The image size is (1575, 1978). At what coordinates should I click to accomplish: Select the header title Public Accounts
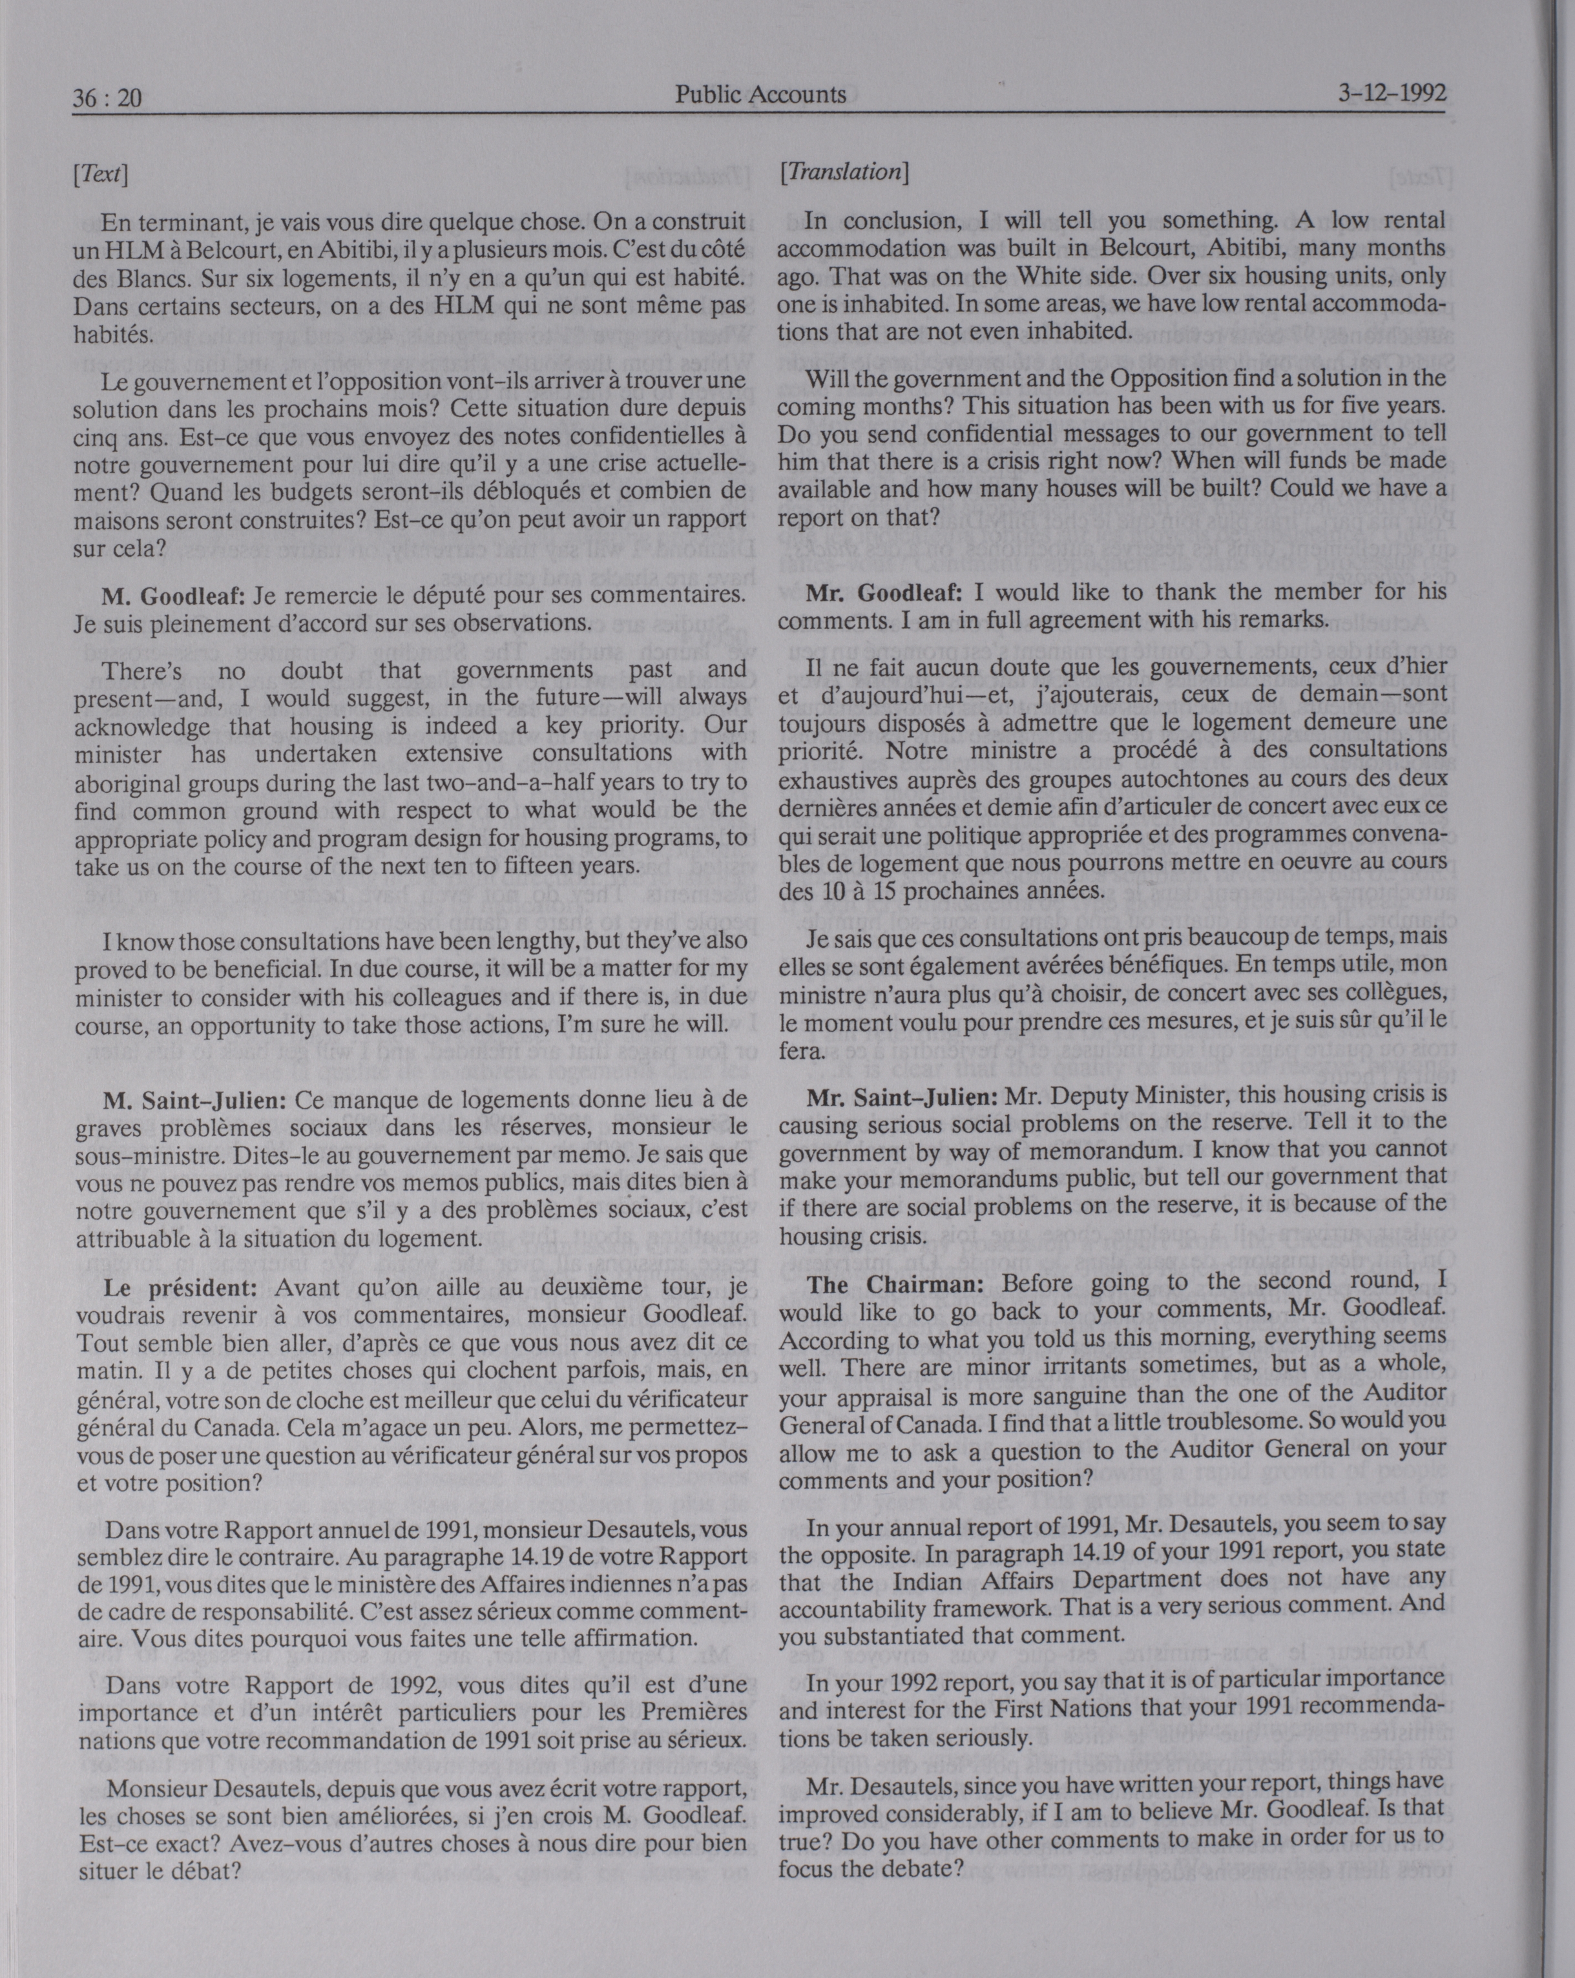pos(760,94)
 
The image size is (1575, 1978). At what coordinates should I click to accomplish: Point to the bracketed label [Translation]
pos(844,172)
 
